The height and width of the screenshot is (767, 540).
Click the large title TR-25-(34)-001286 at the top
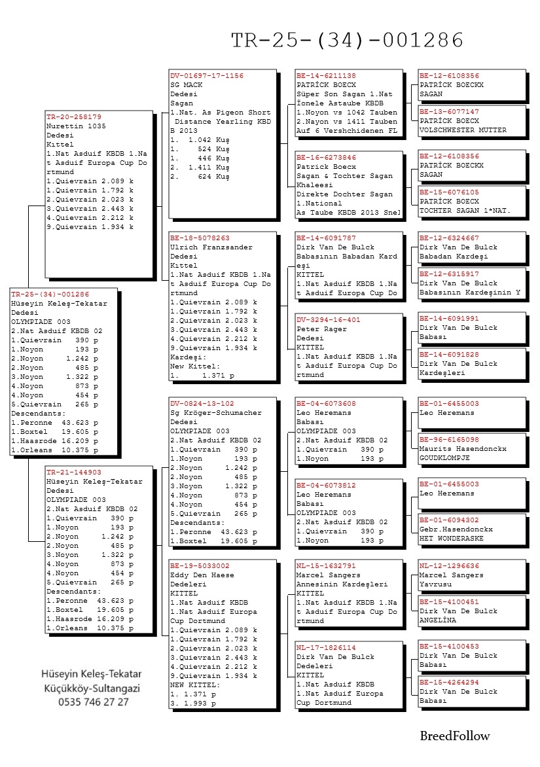pyautogui.click(x=348, y=40)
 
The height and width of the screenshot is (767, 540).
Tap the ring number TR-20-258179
pyautogui.click(x=73, y=116)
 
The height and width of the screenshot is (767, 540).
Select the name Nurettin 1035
pyautogui.click(x=76, y=126)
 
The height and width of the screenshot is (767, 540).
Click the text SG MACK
pyautogui.click(x=186, y=85)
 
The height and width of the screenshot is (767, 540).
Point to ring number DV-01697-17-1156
pyautogui.click(x=206, y=76)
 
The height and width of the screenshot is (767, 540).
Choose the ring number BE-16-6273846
pyautogui.click(x=326, y=158)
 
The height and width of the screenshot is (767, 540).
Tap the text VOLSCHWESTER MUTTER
pyautogui.click(x=463, y=130)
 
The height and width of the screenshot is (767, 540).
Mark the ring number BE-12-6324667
pyautogui.click(x=449, y=238)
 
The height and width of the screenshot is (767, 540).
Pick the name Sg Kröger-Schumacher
pyautogui.click(x=215, y=413)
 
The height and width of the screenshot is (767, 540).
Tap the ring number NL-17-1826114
pyautogui.click(x=326, y=647)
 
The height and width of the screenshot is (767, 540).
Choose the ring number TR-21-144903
pyautogui.click(x=73, y=472)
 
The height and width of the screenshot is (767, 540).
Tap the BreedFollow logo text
pyautogui.click(x=454, y=736)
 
